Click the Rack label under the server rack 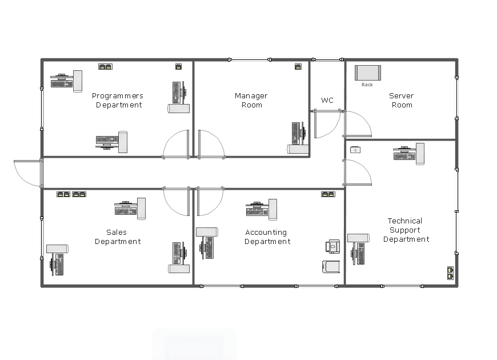point(367,85)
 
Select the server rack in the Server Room point(368,73)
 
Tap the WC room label point(327,100)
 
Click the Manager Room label point(251,100)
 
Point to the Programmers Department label point(118,100)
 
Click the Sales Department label point(118,237)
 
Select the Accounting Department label point(267,237)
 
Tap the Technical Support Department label point(406,230)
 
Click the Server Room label point(402,100)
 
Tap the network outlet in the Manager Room point(298,67)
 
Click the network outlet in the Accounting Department point(328,194)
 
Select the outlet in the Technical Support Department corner point(450,273)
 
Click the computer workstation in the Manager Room point(298,138)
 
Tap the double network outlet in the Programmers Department point(105,67)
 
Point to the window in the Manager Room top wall point(250,59)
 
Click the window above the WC point(327,59)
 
